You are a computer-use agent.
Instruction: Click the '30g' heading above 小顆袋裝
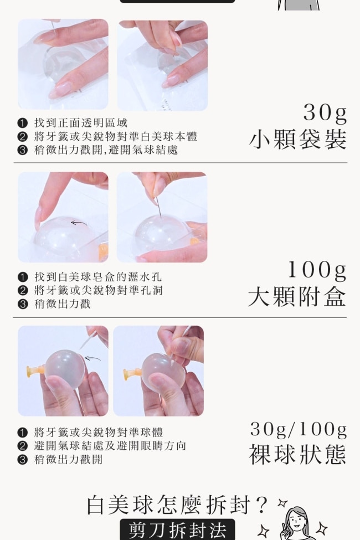[325, 112]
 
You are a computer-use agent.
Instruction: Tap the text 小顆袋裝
[297, 140]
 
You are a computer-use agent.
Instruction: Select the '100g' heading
[317, 270]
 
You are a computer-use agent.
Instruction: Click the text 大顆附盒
[297, 296]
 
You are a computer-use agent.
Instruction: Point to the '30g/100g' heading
[299, 429]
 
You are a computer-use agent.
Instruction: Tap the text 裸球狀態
[297, 455]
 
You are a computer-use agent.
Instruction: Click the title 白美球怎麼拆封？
[177, 505]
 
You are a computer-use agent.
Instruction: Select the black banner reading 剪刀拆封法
[177, 529]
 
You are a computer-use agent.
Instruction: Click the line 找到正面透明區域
[81, 123]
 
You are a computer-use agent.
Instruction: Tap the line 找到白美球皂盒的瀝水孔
[98, 277]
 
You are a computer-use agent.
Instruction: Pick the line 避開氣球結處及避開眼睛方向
[110, 446]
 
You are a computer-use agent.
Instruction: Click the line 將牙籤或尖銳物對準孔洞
[98, 290]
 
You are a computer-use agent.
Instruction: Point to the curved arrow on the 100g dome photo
[79, 224]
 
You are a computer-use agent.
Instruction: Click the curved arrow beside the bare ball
[92, 359]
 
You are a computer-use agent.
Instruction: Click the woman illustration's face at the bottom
[296, 520]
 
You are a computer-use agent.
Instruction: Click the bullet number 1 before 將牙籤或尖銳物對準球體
[22, 433]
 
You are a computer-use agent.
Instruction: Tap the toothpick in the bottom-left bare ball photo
[89, 340]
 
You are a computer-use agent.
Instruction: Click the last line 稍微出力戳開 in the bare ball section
[68, 459]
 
